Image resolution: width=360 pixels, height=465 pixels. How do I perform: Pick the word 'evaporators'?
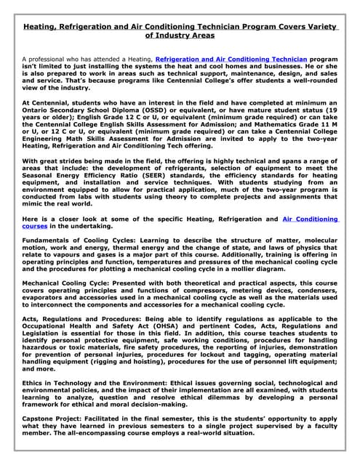point(44,297)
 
